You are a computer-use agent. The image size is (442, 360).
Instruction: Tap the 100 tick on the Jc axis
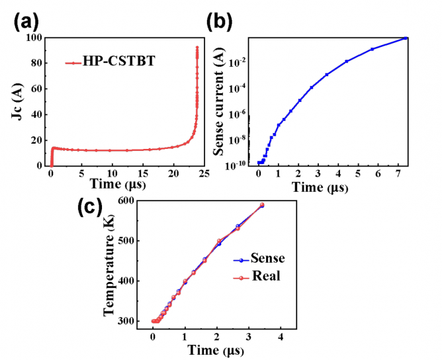point(34,38)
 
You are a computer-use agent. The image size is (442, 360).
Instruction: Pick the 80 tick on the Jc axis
point(36,64)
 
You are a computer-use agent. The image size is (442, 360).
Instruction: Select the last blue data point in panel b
point(406,38)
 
